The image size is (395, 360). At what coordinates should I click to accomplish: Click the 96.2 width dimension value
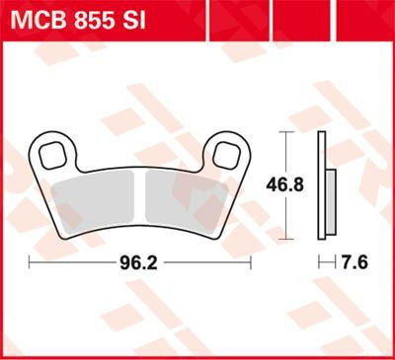click(x=139, y=263)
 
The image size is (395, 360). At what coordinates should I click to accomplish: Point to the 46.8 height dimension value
click(x=285, y=184)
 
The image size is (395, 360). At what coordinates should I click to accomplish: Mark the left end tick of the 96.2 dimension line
click(x=30, y=263)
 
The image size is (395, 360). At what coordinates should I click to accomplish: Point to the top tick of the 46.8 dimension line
click(x=285, y=131)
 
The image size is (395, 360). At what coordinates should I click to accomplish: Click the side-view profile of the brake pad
click(x=321, y=184)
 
